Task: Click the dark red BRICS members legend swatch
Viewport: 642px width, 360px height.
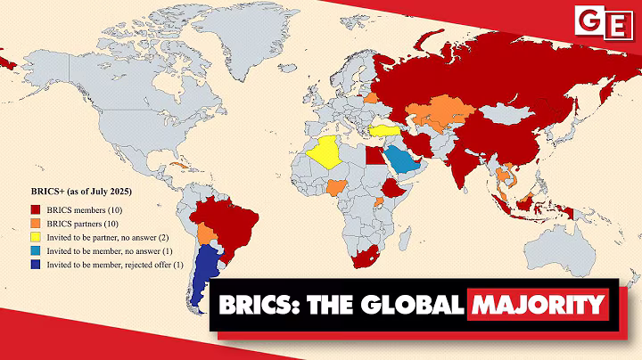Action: point(36,209)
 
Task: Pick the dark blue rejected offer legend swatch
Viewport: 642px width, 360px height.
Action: point(36,266)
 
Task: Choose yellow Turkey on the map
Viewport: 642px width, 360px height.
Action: point(381,130)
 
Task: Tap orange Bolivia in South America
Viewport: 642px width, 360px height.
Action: point(208,233)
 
